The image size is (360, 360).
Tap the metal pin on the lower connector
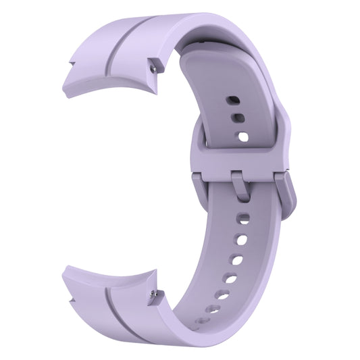click(x=157, y=294)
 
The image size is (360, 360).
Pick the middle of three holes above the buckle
click(x=237, y=118)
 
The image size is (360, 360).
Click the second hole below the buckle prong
click(x=242, y=239)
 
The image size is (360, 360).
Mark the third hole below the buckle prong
click(x=237, y=259)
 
